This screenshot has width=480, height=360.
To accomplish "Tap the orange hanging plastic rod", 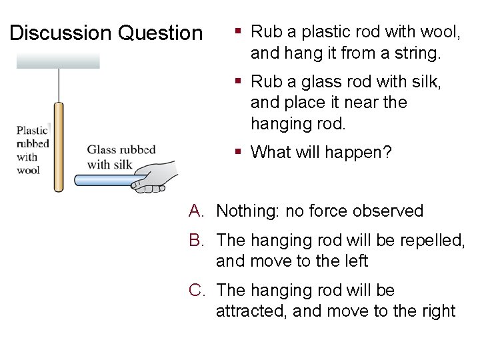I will pyautogui.click(x=59, y=147).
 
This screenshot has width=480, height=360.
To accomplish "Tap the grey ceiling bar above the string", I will pyautogui.click(x=58, y=61).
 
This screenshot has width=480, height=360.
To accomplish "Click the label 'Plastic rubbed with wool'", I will pyautogui.click(x=32, y=150).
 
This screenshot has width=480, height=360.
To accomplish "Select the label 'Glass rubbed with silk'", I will pyautogui.click(x=121, y=157).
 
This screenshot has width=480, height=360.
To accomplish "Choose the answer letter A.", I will pyautogui.click(x=196, y=211).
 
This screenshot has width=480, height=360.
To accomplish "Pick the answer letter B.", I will pyautogui.click(x=196, y=240).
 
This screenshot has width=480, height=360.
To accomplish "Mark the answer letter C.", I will pyautogui.click(x=197, y=291).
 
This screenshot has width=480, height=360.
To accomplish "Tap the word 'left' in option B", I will pyautogui.click(x=354, y=261).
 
